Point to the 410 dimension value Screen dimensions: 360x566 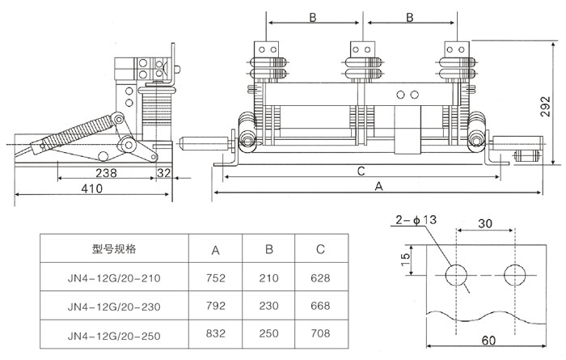click(x=91, y=188)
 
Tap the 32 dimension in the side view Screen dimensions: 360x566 click(x=163, y=172)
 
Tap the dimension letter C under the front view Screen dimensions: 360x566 click(x=361, y=171)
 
